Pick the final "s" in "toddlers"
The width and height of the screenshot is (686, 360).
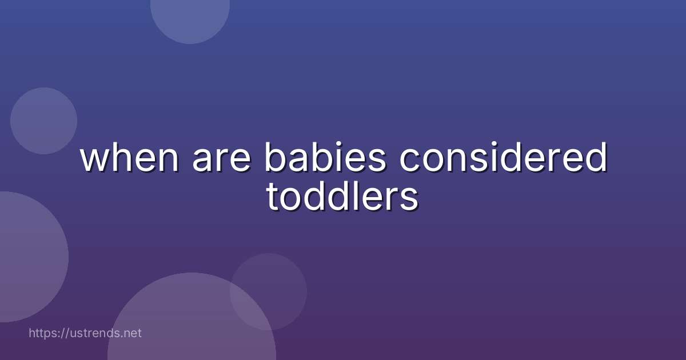(x=410, y=200)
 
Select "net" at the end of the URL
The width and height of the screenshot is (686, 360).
(x=133, y=333)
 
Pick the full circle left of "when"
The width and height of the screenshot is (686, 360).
(x=43, y=121)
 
